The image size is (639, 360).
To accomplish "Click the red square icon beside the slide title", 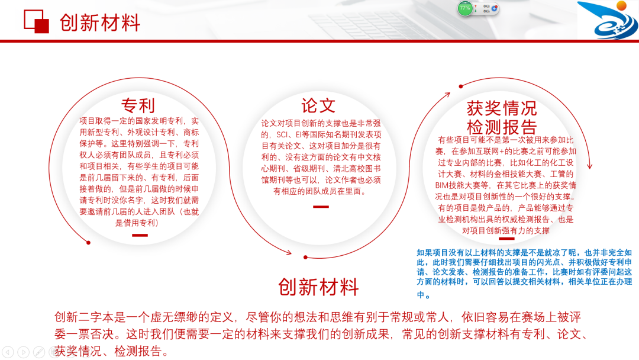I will (36, 21).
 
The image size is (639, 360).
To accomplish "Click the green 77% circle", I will (465, 8).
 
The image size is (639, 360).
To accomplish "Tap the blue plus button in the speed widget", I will (495, 9).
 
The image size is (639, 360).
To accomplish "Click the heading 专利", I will (138, 105).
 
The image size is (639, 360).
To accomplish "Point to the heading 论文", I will (318, 105).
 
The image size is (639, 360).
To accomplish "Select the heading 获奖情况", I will (502, 108).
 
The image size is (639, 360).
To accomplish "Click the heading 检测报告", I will (502, 127).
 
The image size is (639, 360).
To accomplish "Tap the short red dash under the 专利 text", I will (140, 235).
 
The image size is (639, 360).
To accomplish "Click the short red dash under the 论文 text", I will (321, 207).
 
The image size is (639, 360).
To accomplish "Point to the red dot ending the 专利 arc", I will (88, 242).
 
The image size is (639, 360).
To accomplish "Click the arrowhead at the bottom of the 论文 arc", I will (289, 253).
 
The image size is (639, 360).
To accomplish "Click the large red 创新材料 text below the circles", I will (318, 287).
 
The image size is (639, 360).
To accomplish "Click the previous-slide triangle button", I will (8, 352).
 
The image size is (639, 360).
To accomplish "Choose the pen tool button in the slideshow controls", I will (39, 352).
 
